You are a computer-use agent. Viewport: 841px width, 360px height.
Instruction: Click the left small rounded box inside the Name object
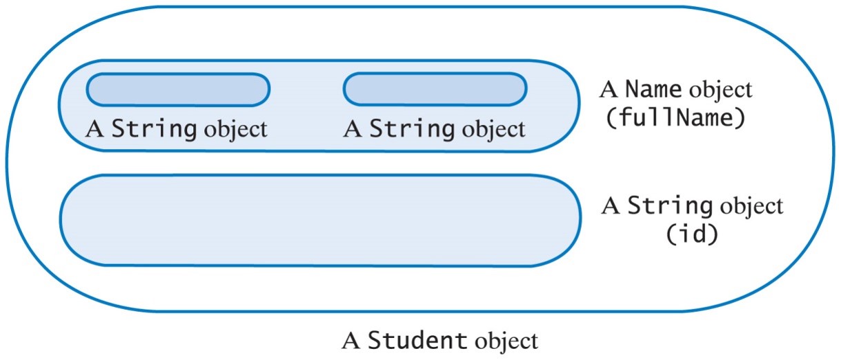177,90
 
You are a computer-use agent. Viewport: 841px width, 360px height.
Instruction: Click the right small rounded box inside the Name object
435,90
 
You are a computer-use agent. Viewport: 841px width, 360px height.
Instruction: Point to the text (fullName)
675,119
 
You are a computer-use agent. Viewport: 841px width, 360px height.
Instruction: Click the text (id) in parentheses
691,234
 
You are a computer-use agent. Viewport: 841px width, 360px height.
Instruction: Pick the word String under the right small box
413,129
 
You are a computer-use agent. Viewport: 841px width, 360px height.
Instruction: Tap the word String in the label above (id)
669,206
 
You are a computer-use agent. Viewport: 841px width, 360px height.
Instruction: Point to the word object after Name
720,90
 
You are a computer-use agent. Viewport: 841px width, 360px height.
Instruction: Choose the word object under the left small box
235,130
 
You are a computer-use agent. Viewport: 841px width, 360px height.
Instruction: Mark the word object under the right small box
493,130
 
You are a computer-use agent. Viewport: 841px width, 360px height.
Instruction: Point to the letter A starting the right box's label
353,129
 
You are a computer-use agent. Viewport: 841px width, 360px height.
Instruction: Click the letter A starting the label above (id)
611,206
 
